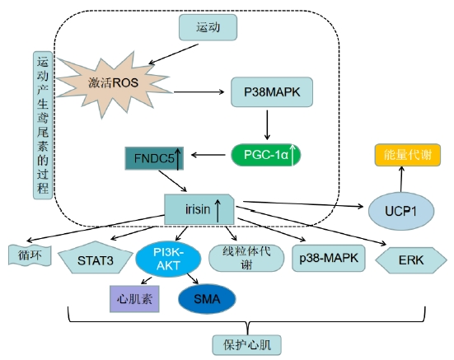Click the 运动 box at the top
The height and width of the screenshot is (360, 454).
[x=208, y=27]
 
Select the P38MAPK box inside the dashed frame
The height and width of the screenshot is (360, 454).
[x=272, y=92]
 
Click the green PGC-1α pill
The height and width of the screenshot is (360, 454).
[x=265, y=155]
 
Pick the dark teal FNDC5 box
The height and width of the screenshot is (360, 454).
[x=154, y=158]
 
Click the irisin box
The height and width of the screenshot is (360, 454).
[x=199, y=209]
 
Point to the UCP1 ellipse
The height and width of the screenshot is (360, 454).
[x=401, y=211]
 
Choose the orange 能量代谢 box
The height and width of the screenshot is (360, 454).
[x=408, y=155]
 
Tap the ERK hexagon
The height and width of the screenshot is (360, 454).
[x=411, y=260]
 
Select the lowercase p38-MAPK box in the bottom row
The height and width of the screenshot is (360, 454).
[x=328, y=258]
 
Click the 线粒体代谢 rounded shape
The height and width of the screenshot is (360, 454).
[x=246, y=258]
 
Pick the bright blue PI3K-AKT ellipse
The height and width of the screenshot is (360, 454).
[x=168, y=259]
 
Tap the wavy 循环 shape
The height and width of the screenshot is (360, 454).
[x=30, y=255]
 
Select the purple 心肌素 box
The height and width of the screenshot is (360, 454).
[x=134, y=299]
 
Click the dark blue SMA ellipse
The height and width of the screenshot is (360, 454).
[x=207, y=299]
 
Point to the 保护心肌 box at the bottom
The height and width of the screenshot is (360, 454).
[x=246, y=345]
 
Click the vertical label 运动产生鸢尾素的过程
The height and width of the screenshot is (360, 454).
[x=43, y=125]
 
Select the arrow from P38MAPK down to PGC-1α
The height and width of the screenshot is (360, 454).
[x=267, y=125]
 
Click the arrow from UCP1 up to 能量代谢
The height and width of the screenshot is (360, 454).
[x=401, y=179]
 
